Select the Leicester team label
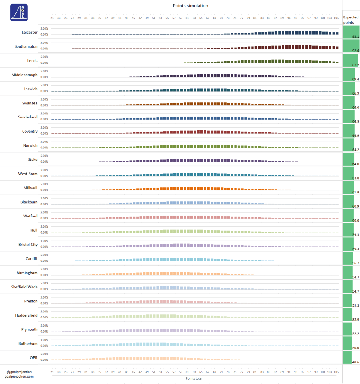[x=30, y=33]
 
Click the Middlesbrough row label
[x=24, y=75]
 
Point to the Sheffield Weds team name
[x=24, y=287]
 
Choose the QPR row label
[x=33, y=357]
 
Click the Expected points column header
[x=351, y=20]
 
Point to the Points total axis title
[x=194, y=378]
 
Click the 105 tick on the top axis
[x=336, y=18]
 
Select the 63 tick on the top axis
[x=194, y=18]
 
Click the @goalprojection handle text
[x=19, y=372]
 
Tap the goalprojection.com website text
[x=19, y=376]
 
